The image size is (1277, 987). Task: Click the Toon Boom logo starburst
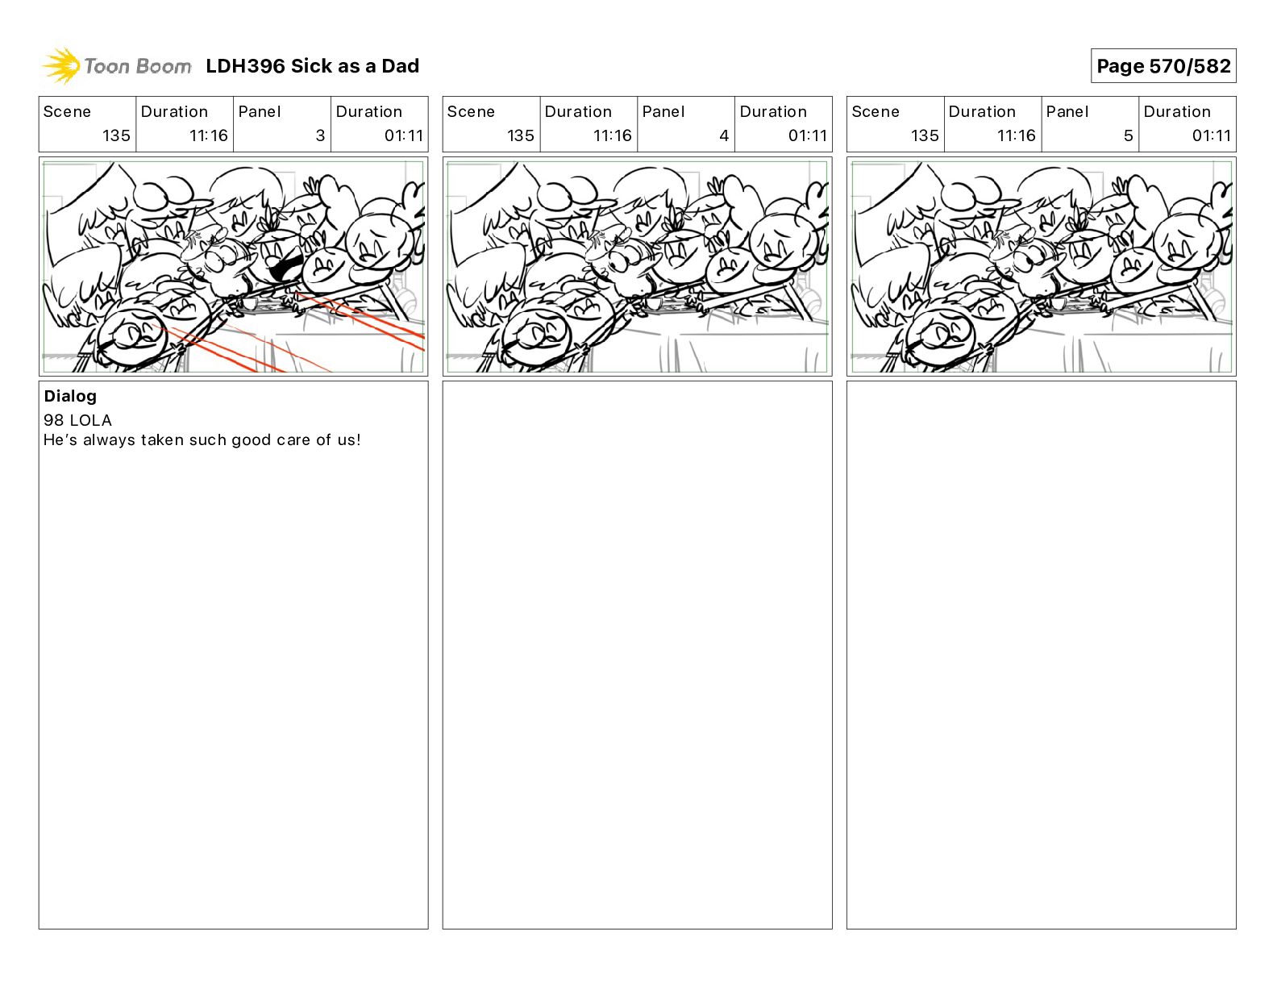61,66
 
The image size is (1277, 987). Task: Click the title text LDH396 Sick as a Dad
313,66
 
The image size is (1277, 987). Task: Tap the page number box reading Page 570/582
1163,66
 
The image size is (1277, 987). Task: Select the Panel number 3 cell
281,124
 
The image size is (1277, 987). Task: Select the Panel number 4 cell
686,124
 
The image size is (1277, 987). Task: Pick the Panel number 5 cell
1090,124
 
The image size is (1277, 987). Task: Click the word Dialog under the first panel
70,396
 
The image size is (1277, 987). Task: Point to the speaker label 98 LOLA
77,420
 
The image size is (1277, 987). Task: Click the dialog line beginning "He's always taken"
202,439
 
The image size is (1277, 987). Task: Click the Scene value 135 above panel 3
116,135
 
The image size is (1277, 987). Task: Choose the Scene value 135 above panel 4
521,135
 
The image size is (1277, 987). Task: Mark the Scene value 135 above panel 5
925,135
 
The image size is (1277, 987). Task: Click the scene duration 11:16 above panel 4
613,135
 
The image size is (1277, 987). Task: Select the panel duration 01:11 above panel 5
1211,135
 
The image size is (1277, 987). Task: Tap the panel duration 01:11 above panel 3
404,135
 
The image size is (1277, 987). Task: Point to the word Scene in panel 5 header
876,112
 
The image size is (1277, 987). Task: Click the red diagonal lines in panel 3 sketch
288,332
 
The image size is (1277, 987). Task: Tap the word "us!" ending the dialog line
349,439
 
